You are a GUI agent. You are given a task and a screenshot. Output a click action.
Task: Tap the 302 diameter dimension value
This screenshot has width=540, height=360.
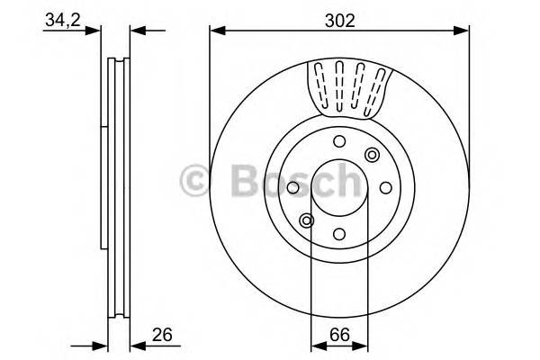pyautogui.click(x=339, y=18)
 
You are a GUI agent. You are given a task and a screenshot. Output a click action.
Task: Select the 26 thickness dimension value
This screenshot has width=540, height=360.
pyautogui.click(x=163, y=336)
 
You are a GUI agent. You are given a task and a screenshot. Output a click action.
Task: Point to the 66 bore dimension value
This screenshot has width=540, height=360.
pyautogui.click(x=339, y=336)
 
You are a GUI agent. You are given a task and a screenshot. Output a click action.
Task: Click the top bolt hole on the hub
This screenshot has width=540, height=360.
pyautogui.click(x=339, y=140)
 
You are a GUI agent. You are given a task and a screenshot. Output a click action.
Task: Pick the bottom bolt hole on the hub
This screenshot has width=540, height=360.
pyautogui.click(x=339, y=234)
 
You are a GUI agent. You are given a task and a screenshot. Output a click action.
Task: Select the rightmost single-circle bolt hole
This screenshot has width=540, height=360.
pyautogui.click(x=385, y=187)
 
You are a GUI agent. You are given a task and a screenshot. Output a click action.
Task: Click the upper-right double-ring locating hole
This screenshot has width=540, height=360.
pyautogui.click(x=372, y=155)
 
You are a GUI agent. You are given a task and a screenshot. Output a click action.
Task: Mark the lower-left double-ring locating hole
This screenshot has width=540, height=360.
pyautogui.click(x=307, y=220)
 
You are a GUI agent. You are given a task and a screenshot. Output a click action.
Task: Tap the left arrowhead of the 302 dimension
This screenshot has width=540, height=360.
pyautogui.click(x=216, y=31)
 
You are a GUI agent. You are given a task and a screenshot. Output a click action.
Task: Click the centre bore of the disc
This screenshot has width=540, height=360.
pyautogui.click(x=339, y=187)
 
